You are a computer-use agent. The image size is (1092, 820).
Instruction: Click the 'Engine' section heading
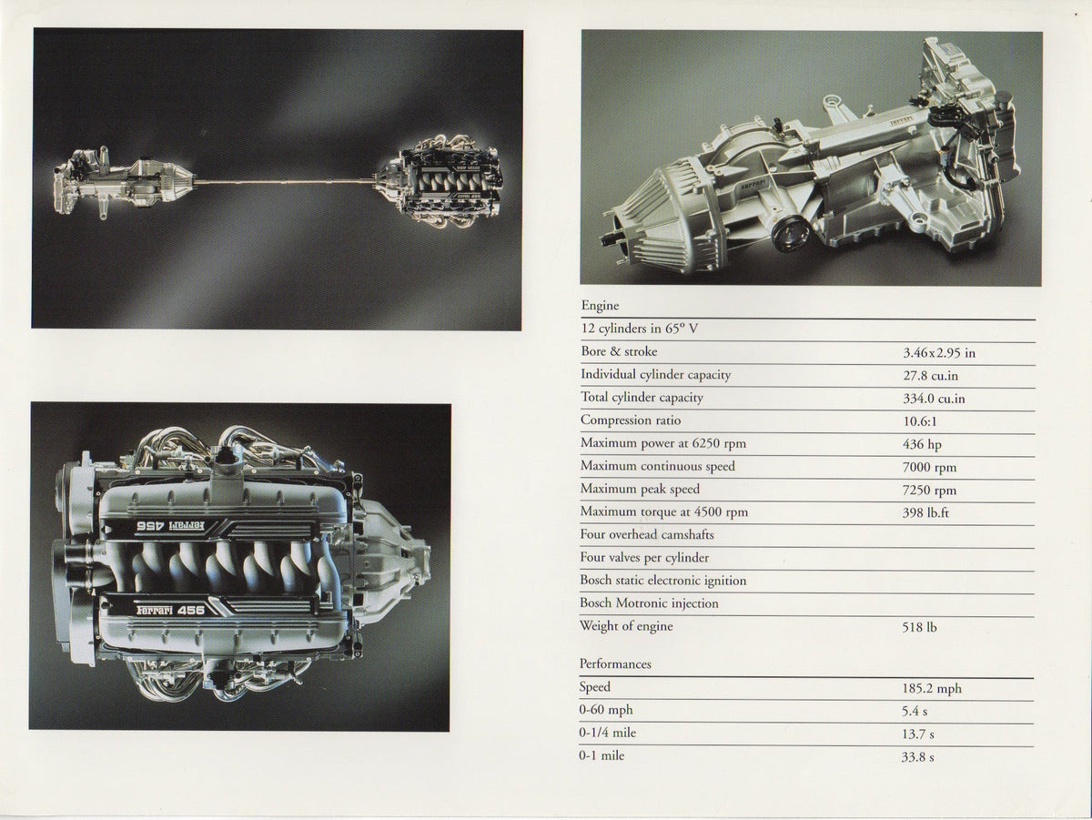[600, 306]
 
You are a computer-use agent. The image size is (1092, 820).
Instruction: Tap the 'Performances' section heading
[615, 663]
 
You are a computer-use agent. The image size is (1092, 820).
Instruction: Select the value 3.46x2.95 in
[939, 353]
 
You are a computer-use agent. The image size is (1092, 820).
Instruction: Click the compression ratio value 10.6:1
[920, 421]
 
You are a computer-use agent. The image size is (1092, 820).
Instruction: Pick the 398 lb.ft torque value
[925, 512]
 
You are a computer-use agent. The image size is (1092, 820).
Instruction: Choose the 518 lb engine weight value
[919, 627]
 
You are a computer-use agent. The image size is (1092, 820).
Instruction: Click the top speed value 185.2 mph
[932, 689]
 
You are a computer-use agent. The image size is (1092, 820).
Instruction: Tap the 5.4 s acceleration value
[915, 712]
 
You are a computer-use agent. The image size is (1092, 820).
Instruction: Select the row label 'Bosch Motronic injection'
[649, 603]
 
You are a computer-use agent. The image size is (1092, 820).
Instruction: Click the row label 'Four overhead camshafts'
[647, 534]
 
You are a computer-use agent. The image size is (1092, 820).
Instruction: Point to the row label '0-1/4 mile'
[608, 733]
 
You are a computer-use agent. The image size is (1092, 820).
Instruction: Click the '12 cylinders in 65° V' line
[640, 329]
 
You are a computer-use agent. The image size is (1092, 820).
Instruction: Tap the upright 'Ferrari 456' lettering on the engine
[170, 611]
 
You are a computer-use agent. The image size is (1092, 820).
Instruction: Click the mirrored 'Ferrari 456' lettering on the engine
[171, 525]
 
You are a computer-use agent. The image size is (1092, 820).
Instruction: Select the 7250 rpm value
[929, 491]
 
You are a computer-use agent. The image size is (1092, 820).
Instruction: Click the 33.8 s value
[917, 757]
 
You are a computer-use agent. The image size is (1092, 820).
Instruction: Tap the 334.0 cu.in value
[934, 399]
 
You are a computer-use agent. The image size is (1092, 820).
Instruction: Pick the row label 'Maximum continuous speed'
[657, 466]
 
